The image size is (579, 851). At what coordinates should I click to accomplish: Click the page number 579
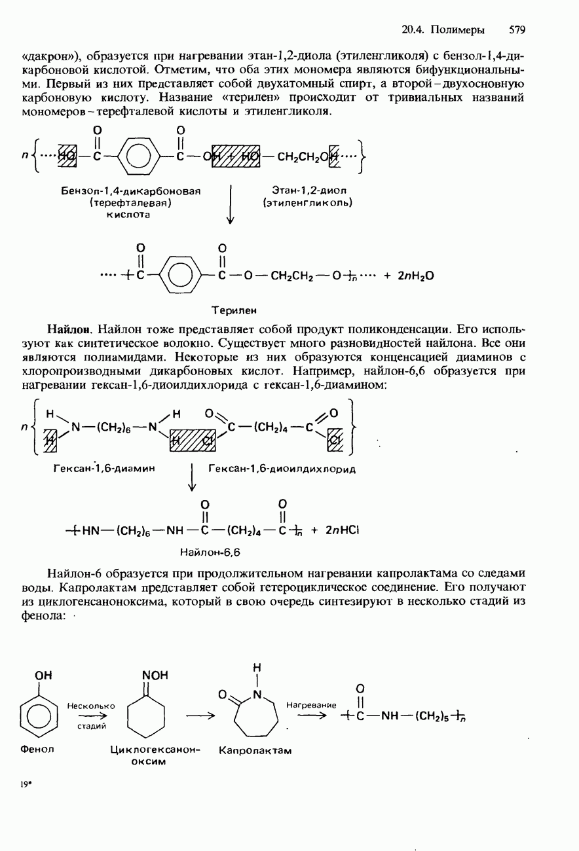[517, 29]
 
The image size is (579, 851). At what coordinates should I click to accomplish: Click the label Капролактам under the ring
[255, 750]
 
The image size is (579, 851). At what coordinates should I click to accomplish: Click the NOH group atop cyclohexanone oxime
[155, 675]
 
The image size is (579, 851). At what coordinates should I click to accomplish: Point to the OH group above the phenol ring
[43, 675]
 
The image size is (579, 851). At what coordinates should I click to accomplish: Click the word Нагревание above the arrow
[311, 705]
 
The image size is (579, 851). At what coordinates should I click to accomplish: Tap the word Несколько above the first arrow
[90, 706]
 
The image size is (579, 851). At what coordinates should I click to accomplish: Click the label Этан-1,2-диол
[308, 190]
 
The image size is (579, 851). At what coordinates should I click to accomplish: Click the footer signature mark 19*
[26, 784]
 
